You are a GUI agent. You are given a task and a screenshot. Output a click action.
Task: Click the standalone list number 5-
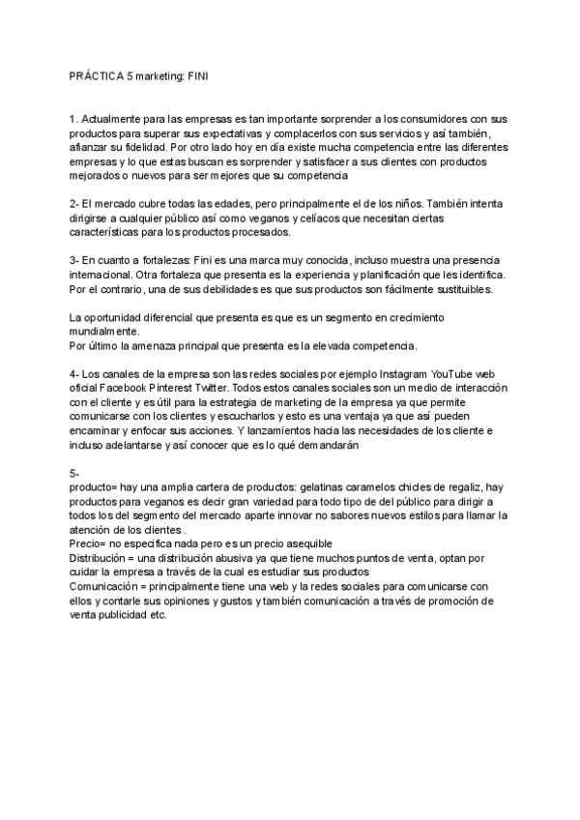(75, 473)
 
